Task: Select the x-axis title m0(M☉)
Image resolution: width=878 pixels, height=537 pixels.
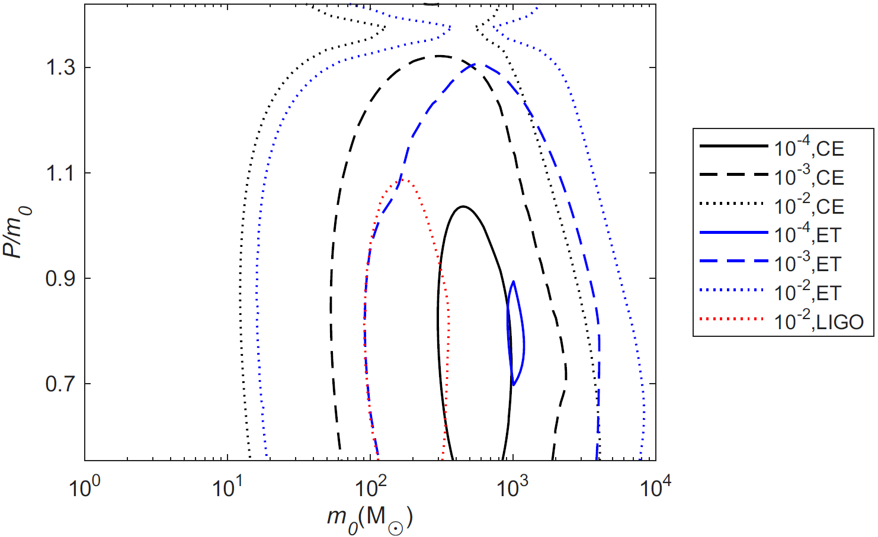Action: coord(370,519)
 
